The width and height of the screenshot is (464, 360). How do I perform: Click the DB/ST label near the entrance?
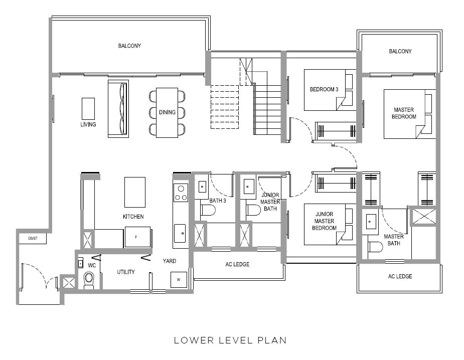[33, 239]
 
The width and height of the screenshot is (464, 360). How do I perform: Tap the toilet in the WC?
[89, 280]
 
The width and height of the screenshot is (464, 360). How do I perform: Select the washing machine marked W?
[179, 280]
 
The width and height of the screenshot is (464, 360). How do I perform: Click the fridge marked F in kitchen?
[137, 237]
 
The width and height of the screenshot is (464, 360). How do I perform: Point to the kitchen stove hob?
[181, 193]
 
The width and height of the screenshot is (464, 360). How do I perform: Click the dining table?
[167, 112]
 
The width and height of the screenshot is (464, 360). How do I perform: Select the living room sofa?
[118, 109]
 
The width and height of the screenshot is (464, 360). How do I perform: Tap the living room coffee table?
[88, 109]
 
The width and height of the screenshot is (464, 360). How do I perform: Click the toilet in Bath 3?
[208, 210]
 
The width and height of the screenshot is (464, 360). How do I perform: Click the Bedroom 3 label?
[324, 89]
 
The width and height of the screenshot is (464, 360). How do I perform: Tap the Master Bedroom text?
[404, 113]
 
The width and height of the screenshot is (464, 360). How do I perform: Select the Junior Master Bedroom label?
[325, 221]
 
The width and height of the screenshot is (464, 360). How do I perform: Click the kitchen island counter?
[135, 192]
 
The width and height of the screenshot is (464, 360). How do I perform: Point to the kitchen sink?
[180, 233]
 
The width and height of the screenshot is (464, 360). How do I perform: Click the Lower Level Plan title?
[230, 340]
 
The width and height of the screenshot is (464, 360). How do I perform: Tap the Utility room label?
[126, 272]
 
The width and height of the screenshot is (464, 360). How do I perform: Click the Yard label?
[170, 261]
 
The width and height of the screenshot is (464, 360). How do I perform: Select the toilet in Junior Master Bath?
[254, 210]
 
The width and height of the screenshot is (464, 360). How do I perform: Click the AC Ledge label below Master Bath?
[400, 276]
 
